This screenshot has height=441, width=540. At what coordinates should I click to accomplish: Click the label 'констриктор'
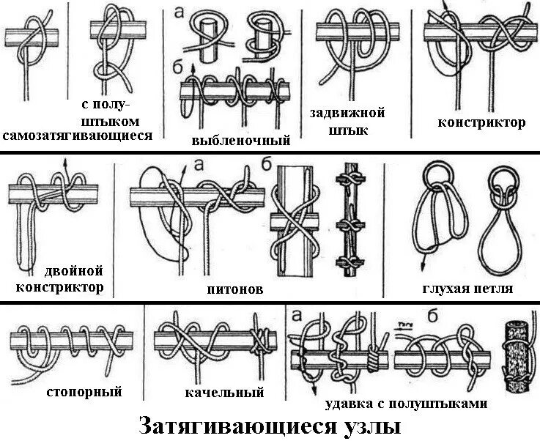tap(481, 122)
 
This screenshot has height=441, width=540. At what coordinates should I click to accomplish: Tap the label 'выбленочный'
tap(240, 140)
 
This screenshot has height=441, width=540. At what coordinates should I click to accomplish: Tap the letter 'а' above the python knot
tap(199, 166)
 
